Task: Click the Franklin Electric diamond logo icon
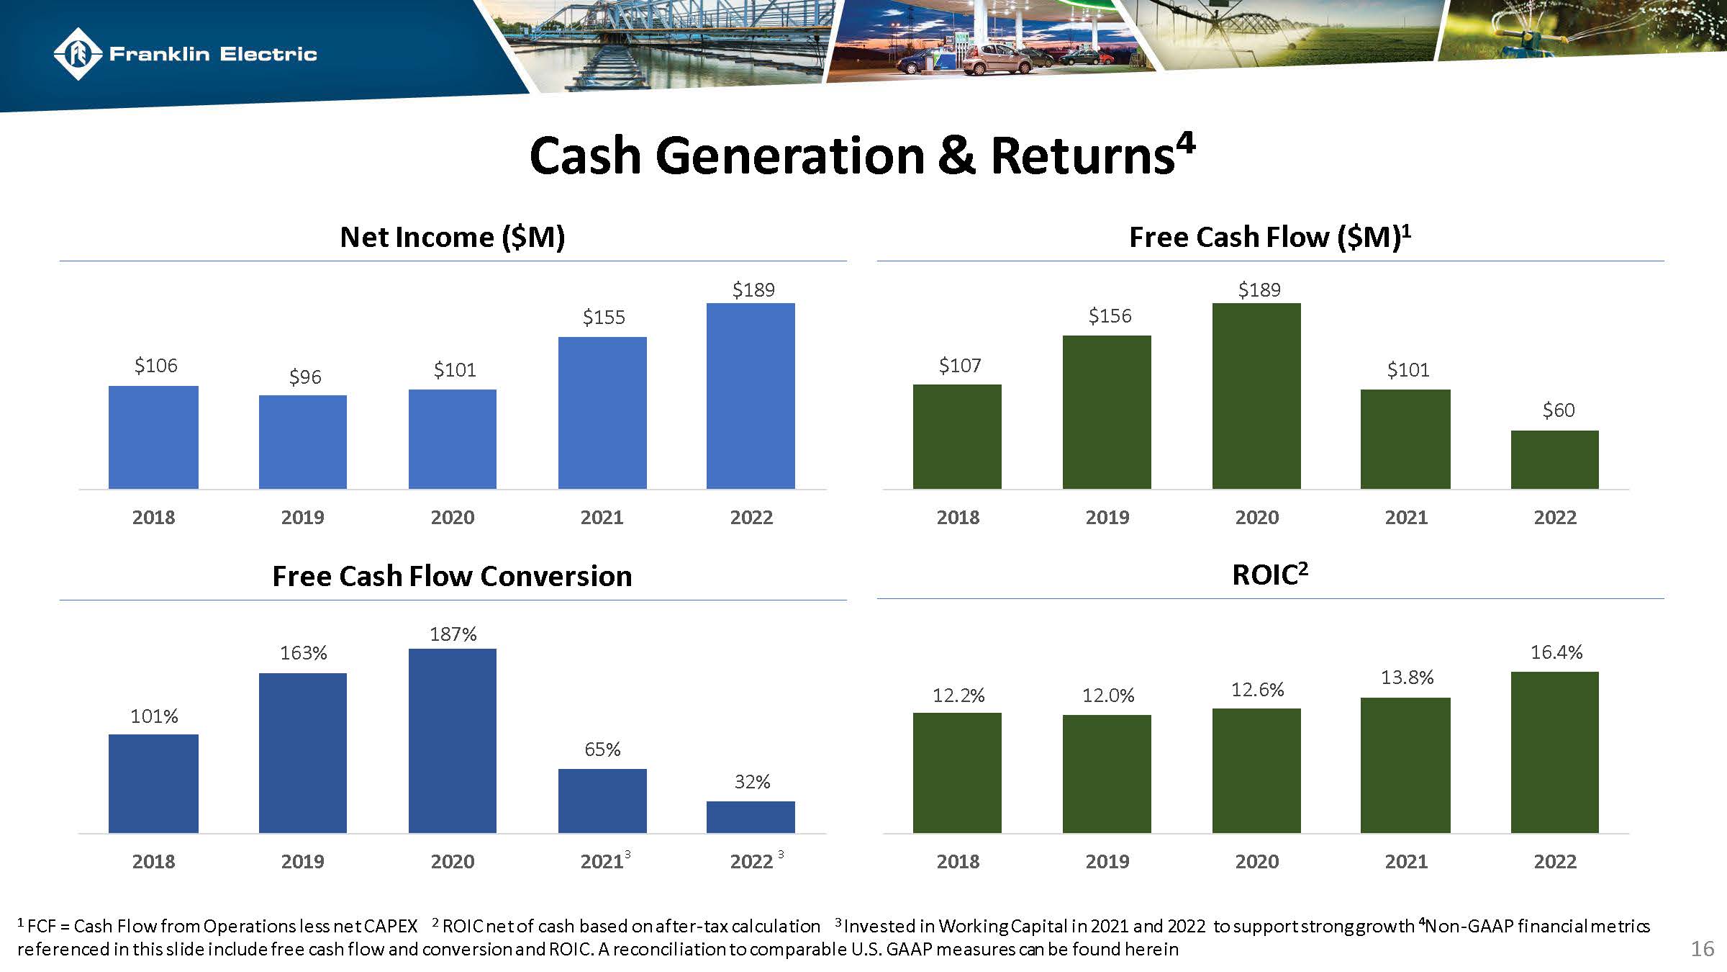tap(77, 54)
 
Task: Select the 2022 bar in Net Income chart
tap(751, 396)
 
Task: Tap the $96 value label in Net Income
tap(304, 377)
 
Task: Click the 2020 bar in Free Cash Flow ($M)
tap(1256, 396)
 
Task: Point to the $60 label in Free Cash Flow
tap(1559, 410)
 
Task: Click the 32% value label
tap(752, 782)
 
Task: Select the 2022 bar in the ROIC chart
tap(1554, 752)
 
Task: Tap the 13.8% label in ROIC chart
tap(1407, 678)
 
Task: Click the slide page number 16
tap(1702, 949)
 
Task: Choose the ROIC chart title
tap(1269, 575)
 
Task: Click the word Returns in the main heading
tap(1082, 156)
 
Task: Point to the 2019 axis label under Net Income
tap(302, 518)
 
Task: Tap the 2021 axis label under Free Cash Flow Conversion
tap(602, 861)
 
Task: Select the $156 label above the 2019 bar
tap(1110, 316)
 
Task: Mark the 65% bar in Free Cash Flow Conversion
tap(602, 801)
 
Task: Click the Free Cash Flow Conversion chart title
tap(452, 577)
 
